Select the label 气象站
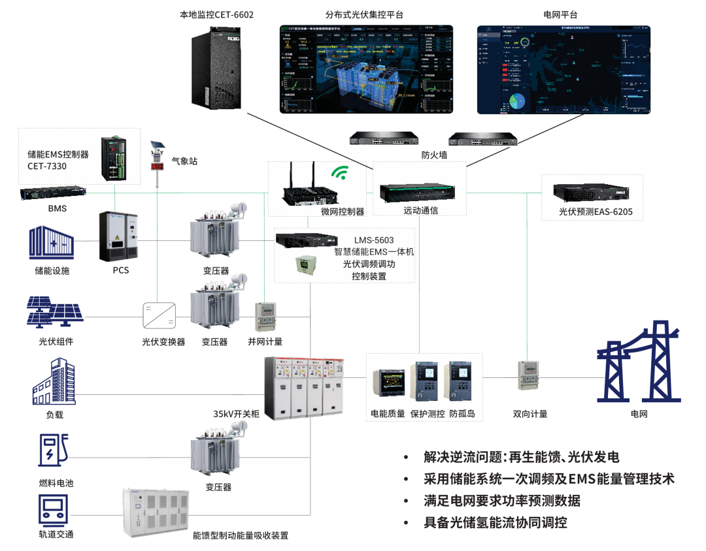pos(184,160)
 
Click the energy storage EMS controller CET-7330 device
pos(120,159)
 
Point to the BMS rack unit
pos(53,194)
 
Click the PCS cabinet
pos(118,236)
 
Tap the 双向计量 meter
pos(529,375)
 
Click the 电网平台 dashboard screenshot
pos(563,70)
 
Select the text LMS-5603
pos(374,240)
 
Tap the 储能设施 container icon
pos(51,243)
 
